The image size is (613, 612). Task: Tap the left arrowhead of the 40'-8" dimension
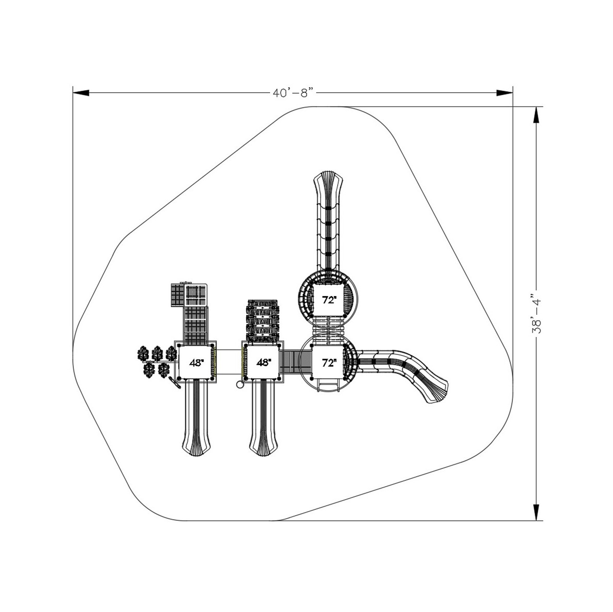(81, 93)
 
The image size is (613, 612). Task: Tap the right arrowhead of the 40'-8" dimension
(505, 93)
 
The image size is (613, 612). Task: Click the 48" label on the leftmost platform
(196, 363)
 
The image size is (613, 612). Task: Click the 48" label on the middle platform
(264, 362)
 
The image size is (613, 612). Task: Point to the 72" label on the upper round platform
(329, 300)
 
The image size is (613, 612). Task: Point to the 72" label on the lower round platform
(329, 362)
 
